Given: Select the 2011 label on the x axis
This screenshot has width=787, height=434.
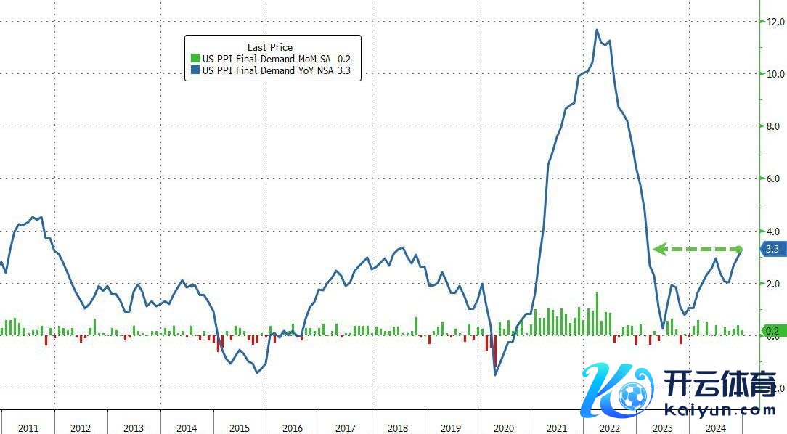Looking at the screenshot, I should tap(28, 428).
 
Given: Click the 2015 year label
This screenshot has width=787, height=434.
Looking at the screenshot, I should tap(240, 428).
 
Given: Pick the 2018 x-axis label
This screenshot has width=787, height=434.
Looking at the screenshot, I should tap(398, 428).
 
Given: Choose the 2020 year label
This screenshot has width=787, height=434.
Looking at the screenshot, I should tap(504, 428).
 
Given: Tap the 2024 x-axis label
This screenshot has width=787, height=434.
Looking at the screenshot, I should tap(716, 428).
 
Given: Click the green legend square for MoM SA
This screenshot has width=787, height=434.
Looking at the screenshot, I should tap(195, 59).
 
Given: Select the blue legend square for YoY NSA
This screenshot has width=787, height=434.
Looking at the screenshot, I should tap(195, 70).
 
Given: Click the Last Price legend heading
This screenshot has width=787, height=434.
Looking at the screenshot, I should tap(270, 47).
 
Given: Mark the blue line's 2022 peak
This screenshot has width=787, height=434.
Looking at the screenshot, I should tap(597, 30).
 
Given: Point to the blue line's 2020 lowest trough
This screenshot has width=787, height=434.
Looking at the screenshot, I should tap(495, 374).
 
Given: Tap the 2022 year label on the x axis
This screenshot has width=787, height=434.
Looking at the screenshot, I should tap(610, 428).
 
